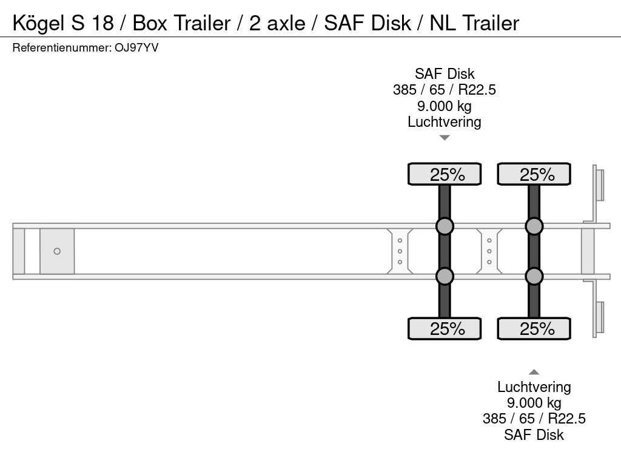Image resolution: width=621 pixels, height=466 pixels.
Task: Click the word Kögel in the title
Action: click(38, 23)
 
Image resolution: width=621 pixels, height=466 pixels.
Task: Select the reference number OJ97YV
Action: click(136, 48)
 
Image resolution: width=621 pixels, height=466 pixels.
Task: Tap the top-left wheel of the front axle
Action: click(445, 174)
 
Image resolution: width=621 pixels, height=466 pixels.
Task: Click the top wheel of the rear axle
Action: click(534, 174)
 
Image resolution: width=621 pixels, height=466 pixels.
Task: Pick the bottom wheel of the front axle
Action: click(445, 328)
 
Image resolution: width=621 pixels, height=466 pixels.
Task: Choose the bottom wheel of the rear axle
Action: click(534, 328)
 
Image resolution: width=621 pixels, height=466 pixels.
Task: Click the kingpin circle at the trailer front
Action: click(57, 251)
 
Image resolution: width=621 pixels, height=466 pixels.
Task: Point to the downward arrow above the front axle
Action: click(445, 138)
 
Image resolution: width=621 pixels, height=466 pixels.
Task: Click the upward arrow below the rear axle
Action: click(534, 372)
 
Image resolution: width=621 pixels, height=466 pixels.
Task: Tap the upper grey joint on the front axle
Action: click(445, 226)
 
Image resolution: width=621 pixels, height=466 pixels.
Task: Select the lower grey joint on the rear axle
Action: click(534, 276)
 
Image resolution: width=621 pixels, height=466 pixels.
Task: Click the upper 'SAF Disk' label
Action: click(445, 73)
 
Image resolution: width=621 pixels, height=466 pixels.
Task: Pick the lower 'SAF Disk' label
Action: click(534, 434)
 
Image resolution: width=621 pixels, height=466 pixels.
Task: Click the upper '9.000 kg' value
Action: click(445, 106)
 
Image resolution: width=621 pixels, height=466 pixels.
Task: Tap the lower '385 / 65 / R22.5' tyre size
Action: click(534, 419)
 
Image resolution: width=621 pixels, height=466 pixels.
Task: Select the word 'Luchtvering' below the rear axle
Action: click(534, 387)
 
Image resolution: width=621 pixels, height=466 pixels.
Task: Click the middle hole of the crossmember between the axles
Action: click(489, 251)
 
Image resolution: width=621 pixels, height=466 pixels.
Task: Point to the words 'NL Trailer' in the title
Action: click(474, 23)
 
